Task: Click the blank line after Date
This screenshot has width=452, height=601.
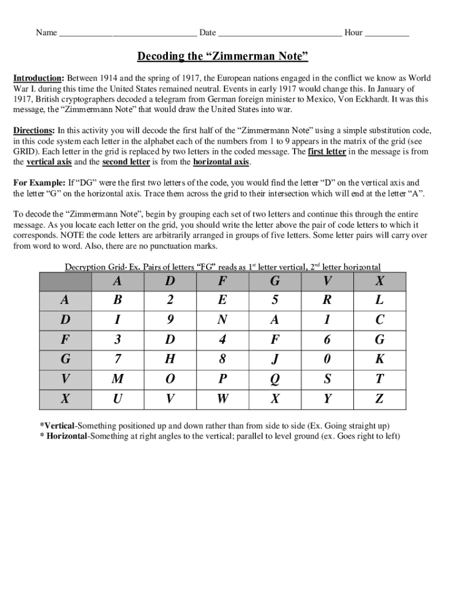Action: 279,33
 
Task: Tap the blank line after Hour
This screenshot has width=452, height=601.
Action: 387,33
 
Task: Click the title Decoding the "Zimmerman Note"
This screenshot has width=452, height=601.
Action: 222,56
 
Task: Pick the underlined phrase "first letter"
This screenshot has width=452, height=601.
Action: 326,151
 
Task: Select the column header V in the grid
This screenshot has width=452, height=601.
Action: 327,281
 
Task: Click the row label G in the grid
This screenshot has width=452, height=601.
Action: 65,360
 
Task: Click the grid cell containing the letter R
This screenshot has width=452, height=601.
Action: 327,300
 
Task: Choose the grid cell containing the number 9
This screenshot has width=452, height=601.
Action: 170,320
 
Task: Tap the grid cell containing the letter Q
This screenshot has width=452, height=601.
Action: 275,380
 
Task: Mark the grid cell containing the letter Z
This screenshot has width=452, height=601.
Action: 379,400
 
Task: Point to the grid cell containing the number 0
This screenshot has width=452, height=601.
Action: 327,360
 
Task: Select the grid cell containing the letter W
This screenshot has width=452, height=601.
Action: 222,400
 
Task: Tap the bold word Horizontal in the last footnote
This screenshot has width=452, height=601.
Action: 66,436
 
